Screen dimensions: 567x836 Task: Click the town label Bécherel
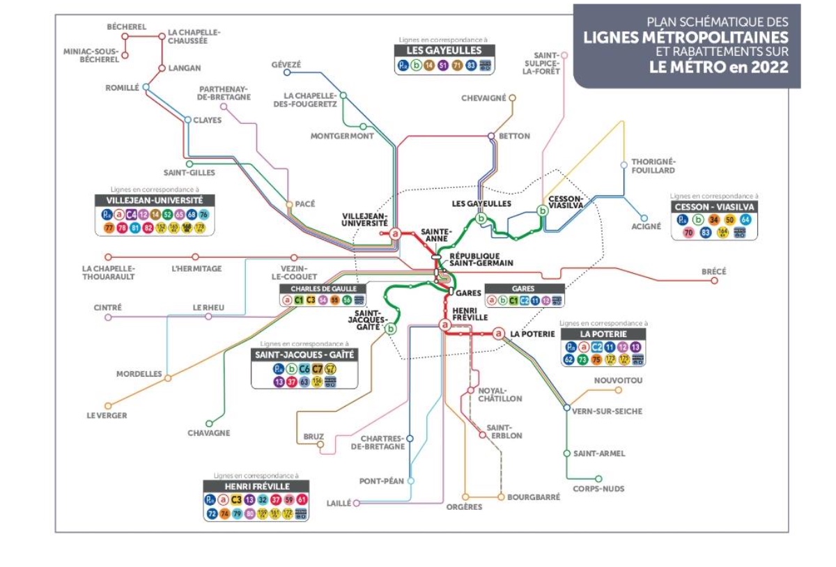[x=126, y=27]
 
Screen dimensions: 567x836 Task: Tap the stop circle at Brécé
[x=714, y=281]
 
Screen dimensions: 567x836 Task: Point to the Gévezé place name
[x=286, y=65]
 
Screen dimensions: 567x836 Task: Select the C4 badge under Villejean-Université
[x=131, y=215]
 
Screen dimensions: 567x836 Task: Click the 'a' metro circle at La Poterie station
[x=499, y=334]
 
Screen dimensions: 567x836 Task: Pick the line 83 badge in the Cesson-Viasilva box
[x=705, y=232]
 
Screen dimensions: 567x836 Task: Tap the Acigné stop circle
[x=644, y=218]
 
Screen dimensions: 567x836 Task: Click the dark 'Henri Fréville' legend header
[x=256, y=486]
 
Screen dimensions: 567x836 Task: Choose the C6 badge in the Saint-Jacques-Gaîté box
[x=304, y=369]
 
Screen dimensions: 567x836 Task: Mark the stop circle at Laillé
[x=356, y=502]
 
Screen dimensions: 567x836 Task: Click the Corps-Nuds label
[x=589, y=489]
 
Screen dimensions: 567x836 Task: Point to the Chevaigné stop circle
[x=512, y=98]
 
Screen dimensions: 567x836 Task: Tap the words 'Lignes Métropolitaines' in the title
[x=686, y=37]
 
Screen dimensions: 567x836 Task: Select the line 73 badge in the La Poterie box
[x=582, y=359]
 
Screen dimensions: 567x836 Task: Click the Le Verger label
[x=107, y=416]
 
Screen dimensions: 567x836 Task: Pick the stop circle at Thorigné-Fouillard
[x=624, y=165]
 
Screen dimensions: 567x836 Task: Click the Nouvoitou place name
[x=618, y=380]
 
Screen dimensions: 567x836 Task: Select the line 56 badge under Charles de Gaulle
[x=346, y=300]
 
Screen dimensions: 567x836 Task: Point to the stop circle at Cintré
[x=107, y=318]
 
